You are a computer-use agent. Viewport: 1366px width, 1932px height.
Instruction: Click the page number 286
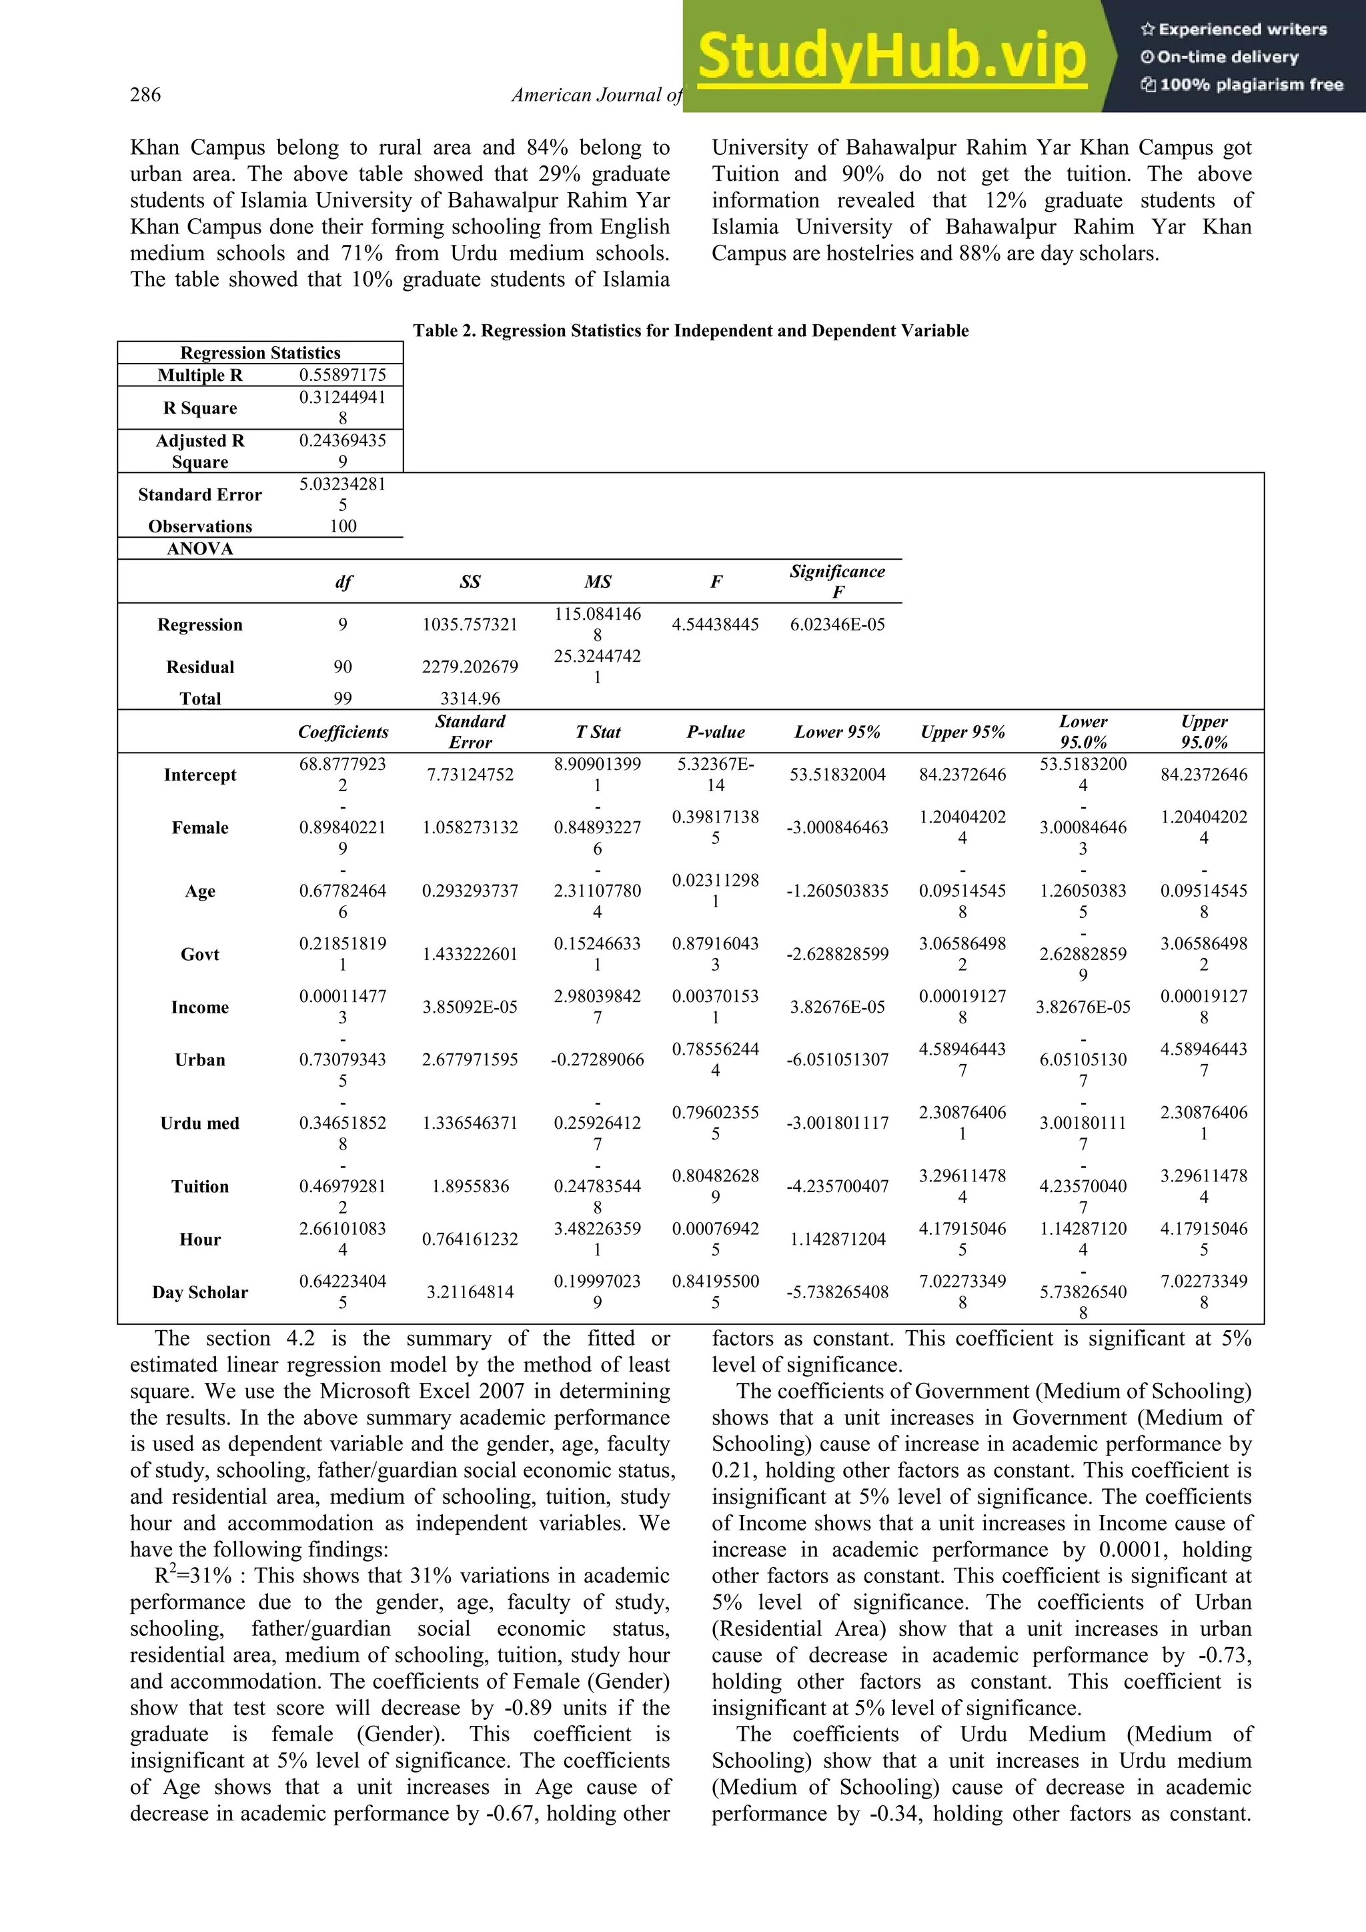pyautogui.click(x=145, y=95)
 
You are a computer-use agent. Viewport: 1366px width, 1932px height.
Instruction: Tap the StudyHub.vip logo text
pyautogui.click(x=892, y=57)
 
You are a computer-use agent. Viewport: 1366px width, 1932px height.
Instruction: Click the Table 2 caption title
pyautogui.click(x=690, y=331)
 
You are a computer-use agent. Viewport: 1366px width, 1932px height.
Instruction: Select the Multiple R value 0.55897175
pyautogui.click(x=342, y=376)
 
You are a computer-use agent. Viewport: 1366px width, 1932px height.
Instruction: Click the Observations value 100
pyautogui.click(x=342, y=526)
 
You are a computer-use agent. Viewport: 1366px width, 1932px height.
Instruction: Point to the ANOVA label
pyautogui.click(x=200, y=548)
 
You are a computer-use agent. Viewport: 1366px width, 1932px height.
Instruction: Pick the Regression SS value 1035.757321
pyautogui.click(x=470, y=624)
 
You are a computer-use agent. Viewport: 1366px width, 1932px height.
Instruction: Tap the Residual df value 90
pyautogui.click(x=342, y=666)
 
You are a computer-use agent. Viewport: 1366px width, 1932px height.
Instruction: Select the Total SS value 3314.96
pyautogui.click(x=470, y=698)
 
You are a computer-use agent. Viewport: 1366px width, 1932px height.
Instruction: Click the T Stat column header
pyautogui.click(x=597, y=732)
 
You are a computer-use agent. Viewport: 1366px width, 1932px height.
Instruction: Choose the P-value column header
pyautogui.click(x=715, y=732)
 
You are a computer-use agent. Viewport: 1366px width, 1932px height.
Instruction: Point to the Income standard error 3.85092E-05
pyautogui.click(x=470, y=1007)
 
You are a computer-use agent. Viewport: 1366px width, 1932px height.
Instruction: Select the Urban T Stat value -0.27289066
pyautogui.click(x=597, y=1059)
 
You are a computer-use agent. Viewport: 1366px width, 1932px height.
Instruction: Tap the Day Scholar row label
pyautogui.click(x=200, y=1292)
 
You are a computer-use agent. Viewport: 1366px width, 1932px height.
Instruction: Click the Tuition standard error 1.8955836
pyautogui.click(x=470, y=1186)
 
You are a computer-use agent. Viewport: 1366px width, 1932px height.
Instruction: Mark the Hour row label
pyautogui.click(x=200, y=1240)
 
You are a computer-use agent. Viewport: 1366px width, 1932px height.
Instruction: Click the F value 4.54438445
pyautogui.click(x=715, y=624)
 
